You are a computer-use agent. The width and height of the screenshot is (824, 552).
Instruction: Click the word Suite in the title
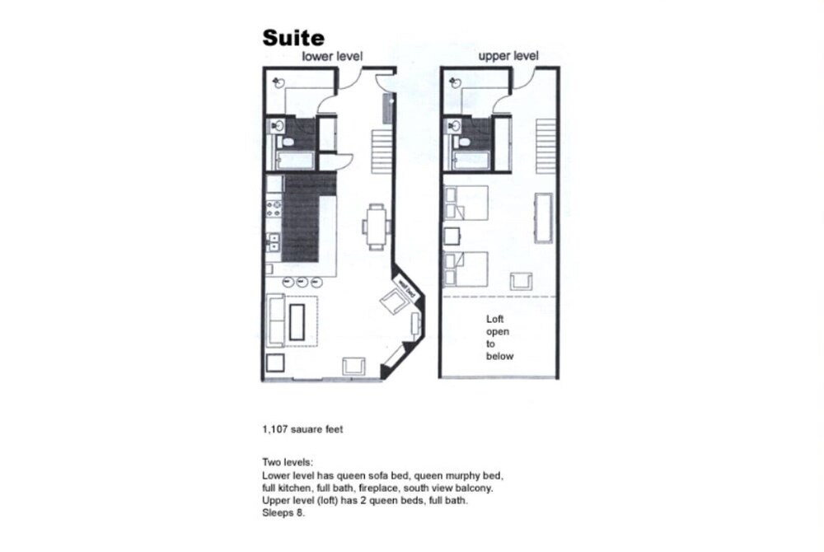coord(293,38)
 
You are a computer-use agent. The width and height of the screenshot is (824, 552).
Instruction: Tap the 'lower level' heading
coord(333,56)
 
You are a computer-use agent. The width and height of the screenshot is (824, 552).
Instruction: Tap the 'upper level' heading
coord(508,56)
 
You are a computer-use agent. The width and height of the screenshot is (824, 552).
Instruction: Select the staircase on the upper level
coord(546,147)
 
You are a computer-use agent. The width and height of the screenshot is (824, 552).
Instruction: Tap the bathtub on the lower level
coord(294,159)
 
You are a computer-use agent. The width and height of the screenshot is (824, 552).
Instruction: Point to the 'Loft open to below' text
coord(499,338)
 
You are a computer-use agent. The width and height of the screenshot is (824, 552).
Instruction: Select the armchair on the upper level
coord(521,279)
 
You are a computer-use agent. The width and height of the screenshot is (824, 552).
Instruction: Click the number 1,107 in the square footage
coord(275,429)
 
